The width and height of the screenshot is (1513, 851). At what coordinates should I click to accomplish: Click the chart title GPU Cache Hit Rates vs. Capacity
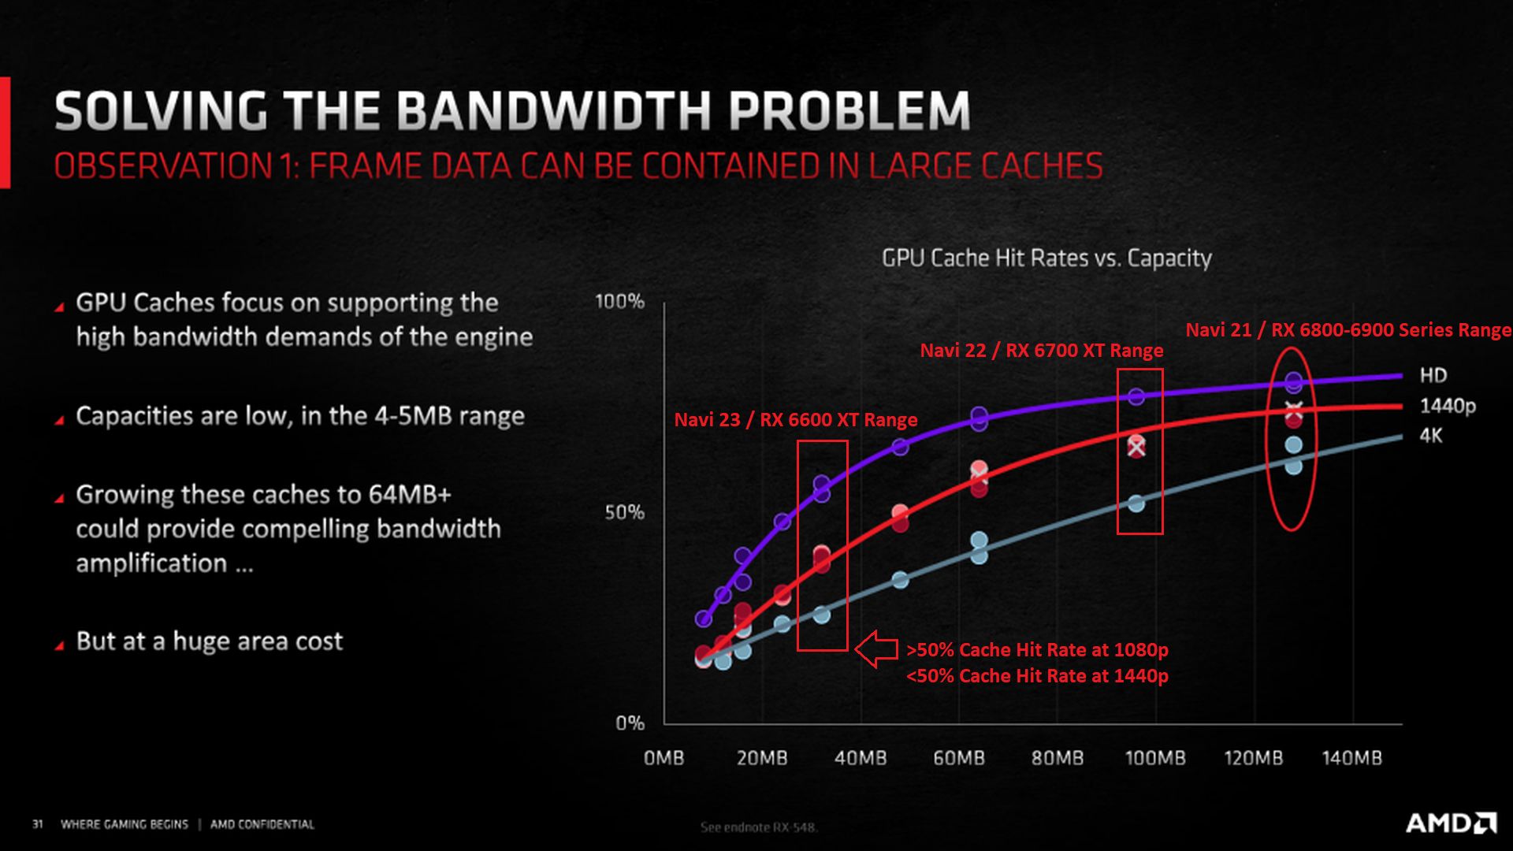(x=1046, y=258)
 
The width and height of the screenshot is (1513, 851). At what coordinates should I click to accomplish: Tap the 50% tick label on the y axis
(x=624, y=512)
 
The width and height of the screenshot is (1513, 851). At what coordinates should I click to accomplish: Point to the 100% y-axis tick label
(x=619, y=301)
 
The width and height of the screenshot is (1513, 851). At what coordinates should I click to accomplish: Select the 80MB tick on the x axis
(x=1058, y=758)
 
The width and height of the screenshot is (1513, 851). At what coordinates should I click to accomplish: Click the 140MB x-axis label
(x=1351, y=758)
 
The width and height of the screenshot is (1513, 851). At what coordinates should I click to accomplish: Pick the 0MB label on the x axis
(x=664, y=758)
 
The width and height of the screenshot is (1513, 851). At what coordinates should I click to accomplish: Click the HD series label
(x=1433, y=375)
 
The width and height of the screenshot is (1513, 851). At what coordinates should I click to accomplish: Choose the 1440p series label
(x=1448, y=406)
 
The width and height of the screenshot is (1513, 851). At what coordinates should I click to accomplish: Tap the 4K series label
(x=1431, y=435)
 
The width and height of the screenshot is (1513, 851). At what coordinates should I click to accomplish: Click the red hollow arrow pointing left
(x=876, y=649)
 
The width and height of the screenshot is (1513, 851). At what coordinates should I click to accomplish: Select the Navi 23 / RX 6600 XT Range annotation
(x=796, y=419)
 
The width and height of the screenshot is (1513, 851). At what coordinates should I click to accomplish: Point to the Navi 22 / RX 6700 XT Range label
(x=1042, y=351)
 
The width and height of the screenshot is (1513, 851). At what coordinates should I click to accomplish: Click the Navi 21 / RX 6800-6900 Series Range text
(x=1348, y=330)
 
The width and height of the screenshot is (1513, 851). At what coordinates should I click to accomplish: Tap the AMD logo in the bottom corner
(x=1452, y=823)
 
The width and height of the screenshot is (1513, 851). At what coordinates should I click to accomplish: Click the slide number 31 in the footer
(x=37, y=824)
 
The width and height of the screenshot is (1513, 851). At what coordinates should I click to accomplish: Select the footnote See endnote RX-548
(x=759, y=827)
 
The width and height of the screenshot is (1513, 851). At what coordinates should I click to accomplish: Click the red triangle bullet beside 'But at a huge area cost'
(x=59, y=645)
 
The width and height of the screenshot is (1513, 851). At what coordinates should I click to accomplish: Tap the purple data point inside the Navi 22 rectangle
(x=1136, y=396)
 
